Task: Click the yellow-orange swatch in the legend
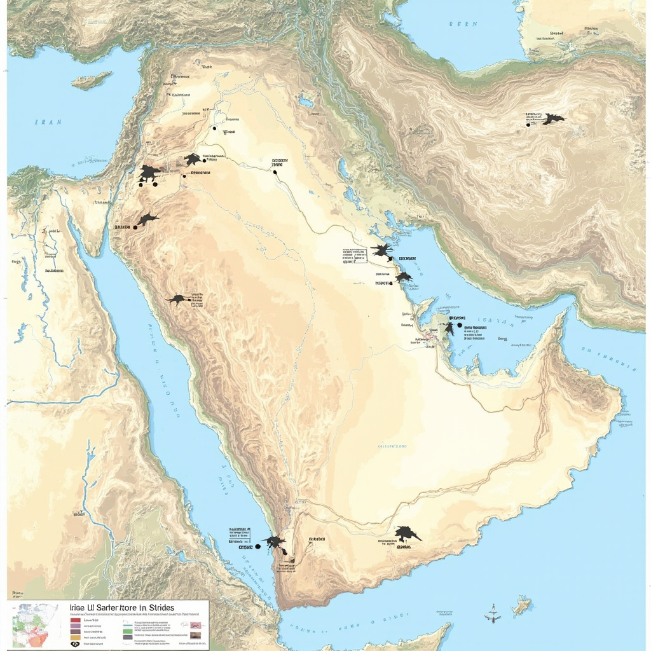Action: [x=75, y=636]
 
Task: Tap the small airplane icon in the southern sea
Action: [x=492, y=615]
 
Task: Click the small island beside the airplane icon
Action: [x=521, y=606]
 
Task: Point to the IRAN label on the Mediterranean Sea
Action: [x=48, y=122]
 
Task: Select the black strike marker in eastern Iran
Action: [x=552, y=119]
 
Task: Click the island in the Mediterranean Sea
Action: [x=92, y=81]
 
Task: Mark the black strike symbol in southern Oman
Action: [x=406, y=534]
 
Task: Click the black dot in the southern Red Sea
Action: [x=258, y=546]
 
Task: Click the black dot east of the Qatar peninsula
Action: [x=460, y=325]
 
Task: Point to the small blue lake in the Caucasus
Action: [x=306, y=102]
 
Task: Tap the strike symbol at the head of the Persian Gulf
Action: [x=381, y=250]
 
